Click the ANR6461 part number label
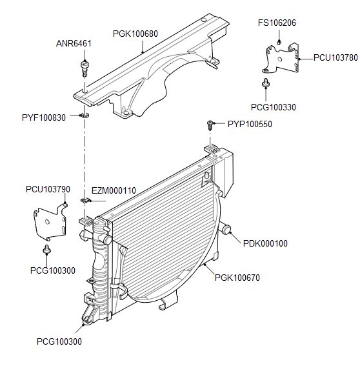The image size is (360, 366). (x=74, y=43)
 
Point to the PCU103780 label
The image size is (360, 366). (x=335, y=57)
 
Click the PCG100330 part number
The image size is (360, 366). (x=273, y=107)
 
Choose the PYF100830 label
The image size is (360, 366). (x=43, y=117)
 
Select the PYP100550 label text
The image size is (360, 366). (x=250, y=124)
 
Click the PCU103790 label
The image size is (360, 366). (x=48, y=190)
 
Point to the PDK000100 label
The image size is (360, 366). (x=265, y=243)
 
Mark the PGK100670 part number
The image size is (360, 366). (x=237, y=278)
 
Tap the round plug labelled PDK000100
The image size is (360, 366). (x=226, y=229)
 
